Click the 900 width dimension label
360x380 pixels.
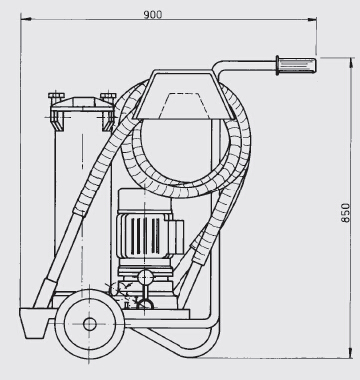(153, 15)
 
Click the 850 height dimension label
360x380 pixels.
(345, 213)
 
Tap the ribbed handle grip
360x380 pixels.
(297, 65)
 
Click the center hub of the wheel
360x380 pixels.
(90, 324)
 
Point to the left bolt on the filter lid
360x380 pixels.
(56, 96)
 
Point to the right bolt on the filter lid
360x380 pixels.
(108, 96)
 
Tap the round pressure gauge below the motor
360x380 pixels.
(145, 276)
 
